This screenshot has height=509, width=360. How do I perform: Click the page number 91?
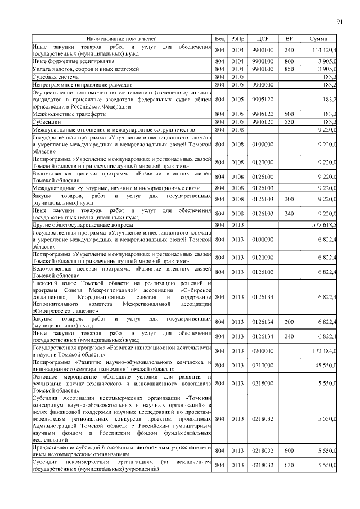[x=339, y=22]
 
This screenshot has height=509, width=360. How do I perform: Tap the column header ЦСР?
[x=262, y=38]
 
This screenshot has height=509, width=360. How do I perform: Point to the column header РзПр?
[x=237, y=38]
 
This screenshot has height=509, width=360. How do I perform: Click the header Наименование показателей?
[x=122, y=38]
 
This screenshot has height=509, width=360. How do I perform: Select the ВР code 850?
[x=289, y=68]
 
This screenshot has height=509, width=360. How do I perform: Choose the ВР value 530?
[x=289, y=121]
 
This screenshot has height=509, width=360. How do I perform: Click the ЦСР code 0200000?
[x=262, y=350]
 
